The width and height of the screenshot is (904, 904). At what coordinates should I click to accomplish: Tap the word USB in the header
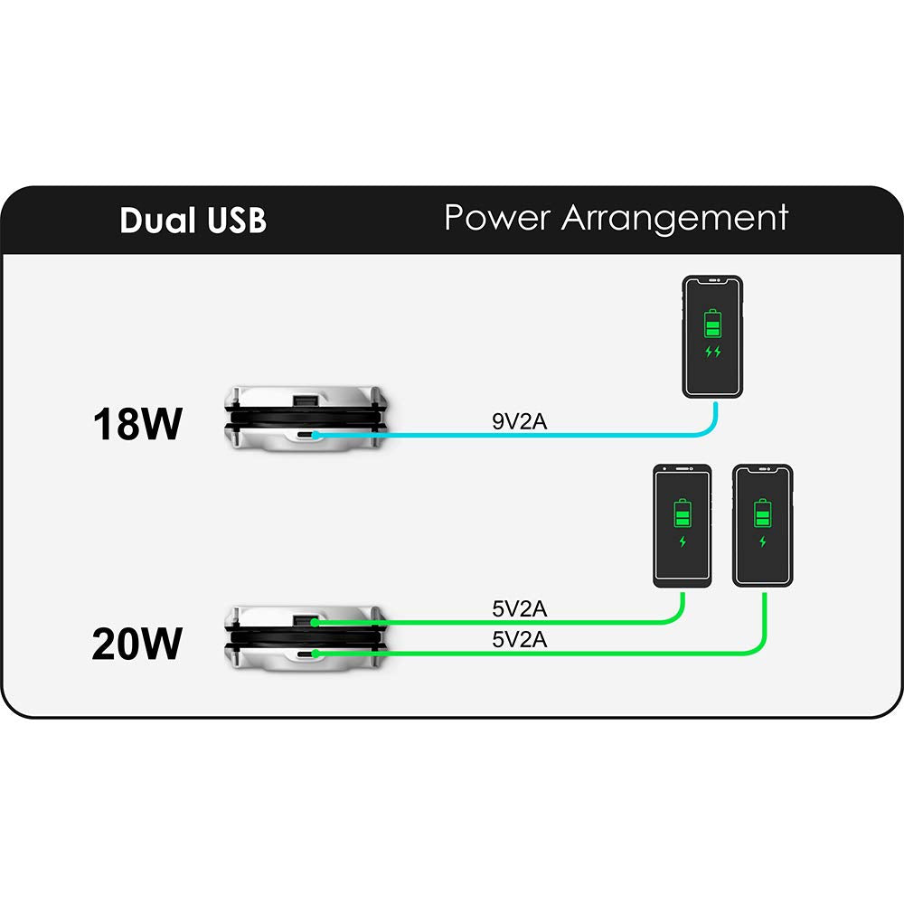[232, 221]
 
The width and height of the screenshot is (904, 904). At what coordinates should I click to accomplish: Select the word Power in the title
[498, 218]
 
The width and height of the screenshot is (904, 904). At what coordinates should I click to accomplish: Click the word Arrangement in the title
[675, 218]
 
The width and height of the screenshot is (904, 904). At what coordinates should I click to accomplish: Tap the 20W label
[137, 645]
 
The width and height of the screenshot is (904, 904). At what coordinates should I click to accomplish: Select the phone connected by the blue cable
[712, 336]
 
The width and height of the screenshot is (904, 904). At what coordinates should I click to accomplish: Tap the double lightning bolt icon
[712, 352]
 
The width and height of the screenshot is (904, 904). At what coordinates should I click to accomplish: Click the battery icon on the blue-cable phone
[712, 323]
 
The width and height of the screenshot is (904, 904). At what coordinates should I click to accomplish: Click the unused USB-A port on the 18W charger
[306, 400]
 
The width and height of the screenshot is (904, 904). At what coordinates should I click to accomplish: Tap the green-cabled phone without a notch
[683, 526]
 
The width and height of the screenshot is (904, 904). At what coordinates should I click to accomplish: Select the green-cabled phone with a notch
[763, 526]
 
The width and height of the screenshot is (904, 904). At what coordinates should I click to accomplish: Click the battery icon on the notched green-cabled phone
[763, 513]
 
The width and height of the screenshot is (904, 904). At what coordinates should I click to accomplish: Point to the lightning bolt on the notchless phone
[683, 542]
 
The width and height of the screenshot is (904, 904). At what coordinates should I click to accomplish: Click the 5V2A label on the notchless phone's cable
[519, 610]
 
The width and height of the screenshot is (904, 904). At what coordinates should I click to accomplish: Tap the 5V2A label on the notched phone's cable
[519, 639]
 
